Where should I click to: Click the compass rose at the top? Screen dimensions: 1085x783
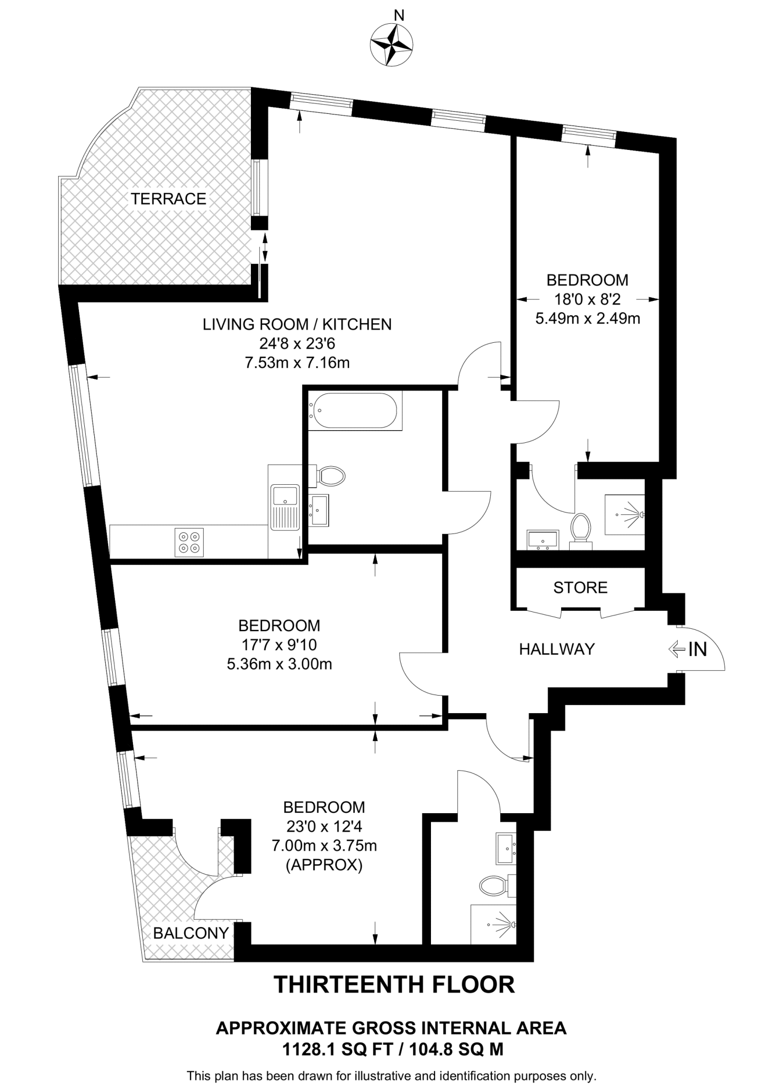392,45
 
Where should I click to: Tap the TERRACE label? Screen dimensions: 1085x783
168,199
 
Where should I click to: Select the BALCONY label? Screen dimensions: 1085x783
191,933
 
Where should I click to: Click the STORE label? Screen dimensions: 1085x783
580,588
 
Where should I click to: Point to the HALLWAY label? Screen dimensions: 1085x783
557,649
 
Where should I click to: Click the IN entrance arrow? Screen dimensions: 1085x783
688,649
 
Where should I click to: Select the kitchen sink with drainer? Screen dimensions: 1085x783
285,506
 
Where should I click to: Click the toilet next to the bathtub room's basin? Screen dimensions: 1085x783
330,476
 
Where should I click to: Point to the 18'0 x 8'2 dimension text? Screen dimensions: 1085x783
587,299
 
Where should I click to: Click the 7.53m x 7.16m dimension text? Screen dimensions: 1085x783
297,363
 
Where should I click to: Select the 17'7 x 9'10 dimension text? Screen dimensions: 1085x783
279,645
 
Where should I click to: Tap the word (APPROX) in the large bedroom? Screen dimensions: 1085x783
324,865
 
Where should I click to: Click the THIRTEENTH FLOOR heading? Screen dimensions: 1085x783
394,985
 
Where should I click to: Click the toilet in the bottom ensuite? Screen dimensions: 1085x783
494,885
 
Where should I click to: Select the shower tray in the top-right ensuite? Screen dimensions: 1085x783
625,514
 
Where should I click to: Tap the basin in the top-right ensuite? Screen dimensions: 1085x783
543,539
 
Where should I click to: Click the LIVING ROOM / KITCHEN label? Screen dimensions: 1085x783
297,324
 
